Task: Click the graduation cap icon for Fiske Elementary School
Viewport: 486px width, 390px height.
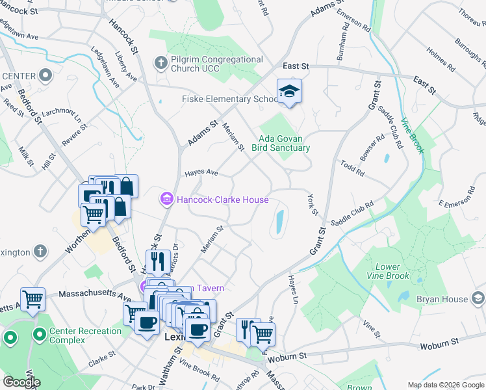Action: coord(289,92)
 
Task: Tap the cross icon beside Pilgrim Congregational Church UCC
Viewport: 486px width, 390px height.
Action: coord(161,64)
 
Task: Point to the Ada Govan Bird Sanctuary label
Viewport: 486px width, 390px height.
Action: coord(284,143)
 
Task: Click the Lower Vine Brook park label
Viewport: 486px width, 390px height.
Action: coord(392,271)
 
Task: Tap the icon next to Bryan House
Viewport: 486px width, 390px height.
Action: coord(478,298)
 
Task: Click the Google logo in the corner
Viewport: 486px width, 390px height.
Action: coord(21,382)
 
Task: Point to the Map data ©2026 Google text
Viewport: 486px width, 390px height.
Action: coord(446,385)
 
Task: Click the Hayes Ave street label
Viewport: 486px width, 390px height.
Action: coord(201,173)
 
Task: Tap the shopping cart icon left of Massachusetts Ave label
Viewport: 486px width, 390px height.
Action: coord(32,300)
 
